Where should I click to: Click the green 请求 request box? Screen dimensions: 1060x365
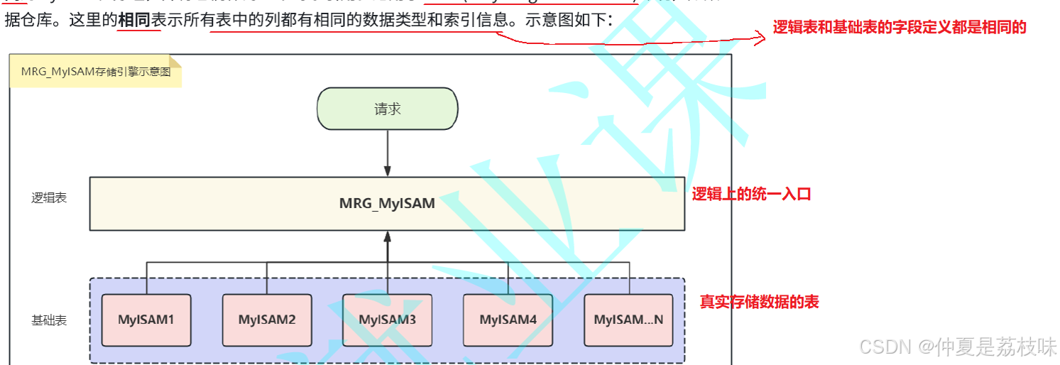tap(387, 109)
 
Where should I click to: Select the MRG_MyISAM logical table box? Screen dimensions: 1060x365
tap(387, 204)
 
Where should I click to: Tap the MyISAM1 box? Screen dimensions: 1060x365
tap(146, 320)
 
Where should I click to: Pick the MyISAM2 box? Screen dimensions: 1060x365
tap(267, 320)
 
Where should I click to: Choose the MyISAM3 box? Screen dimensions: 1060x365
tap(387, 320)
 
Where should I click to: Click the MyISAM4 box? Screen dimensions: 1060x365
tap(508, 320)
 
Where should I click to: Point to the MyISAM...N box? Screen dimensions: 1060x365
tap(628, 320)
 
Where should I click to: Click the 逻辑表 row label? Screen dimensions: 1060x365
tap(49, 198)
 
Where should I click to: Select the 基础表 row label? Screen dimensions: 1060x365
tap(49, 320)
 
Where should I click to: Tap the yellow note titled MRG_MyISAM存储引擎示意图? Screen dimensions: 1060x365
tap(95, 72)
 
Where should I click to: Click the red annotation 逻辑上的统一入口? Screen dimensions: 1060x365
tap(751, 194)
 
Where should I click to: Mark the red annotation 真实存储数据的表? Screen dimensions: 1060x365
tap(759, 302)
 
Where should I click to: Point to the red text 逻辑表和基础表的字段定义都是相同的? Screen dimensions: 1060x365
tap(900, 28)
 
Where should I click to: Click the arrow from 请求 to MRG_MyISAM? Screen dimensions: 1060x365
tap(387, 152)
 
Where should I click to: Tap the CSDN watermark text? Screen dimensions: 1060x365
tap(958, 347)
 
